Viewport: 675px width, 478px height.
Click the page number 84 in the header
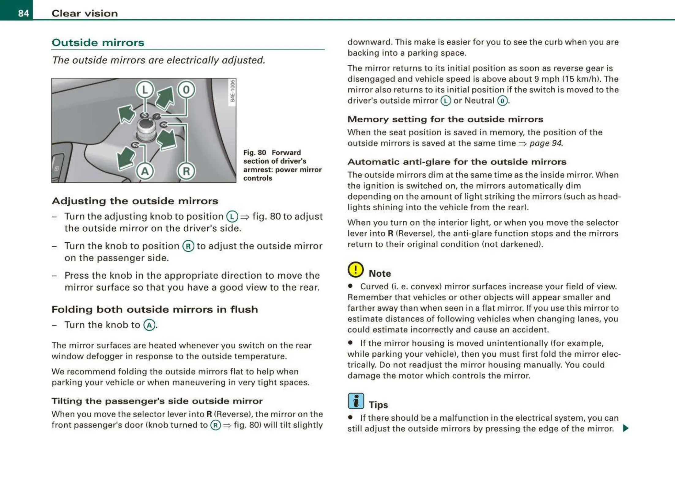(23, 13)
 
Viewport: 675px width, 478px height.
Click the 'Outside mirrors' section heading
(98, 42)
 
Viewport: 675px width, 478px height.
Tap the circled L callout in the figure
(145, 90)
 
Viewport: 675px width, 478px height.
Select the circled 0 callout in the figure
(186, 90)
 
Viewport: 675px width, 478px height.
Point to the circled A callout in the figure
(145, 171)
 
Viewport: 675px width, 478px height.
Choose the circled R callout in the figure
(186, 171)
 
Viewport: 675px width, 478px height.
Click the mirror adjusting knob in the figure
(146, 130)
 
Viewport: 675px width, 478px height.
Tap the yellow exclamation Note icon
(355, 270)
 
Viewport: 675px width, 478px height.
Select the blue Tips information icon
(356, 401)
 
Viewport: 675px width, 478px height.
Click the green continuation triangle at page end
(626, 428)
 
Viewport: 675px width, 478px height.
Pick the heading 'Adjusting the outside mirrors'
(135, 201)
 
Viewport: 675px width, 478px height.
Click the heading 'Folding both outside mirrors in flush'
(155, 309)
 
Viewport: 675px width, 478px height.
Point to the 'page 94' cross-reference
(546, 143)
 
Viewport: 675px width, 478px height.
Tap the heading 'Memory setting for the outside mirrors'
(445, 119)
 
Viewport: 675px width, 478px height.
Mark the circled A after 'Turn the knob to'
(149, 325)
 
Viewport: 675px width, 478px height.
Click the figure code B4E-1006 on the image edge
(232, 91)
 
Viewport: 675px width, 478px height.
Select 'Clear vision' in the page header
(85, 13)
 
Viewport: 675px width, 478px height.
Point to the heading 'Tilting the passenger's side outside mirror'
(157, 401)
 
